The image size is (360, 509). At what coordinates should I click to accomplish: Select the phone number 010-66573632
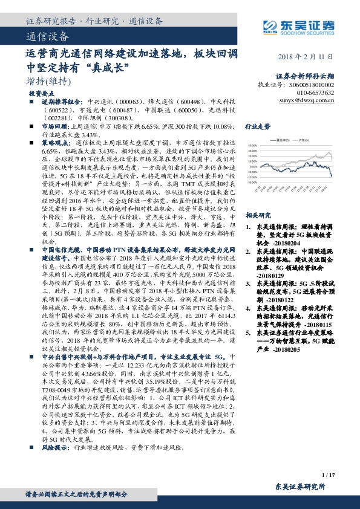tap(317, 93)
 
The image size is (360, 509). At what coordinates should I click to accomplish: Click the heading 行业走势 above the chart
tap(257, 127)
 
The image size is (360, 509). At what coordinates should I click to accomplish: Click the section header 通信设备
tap(45, 36)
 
